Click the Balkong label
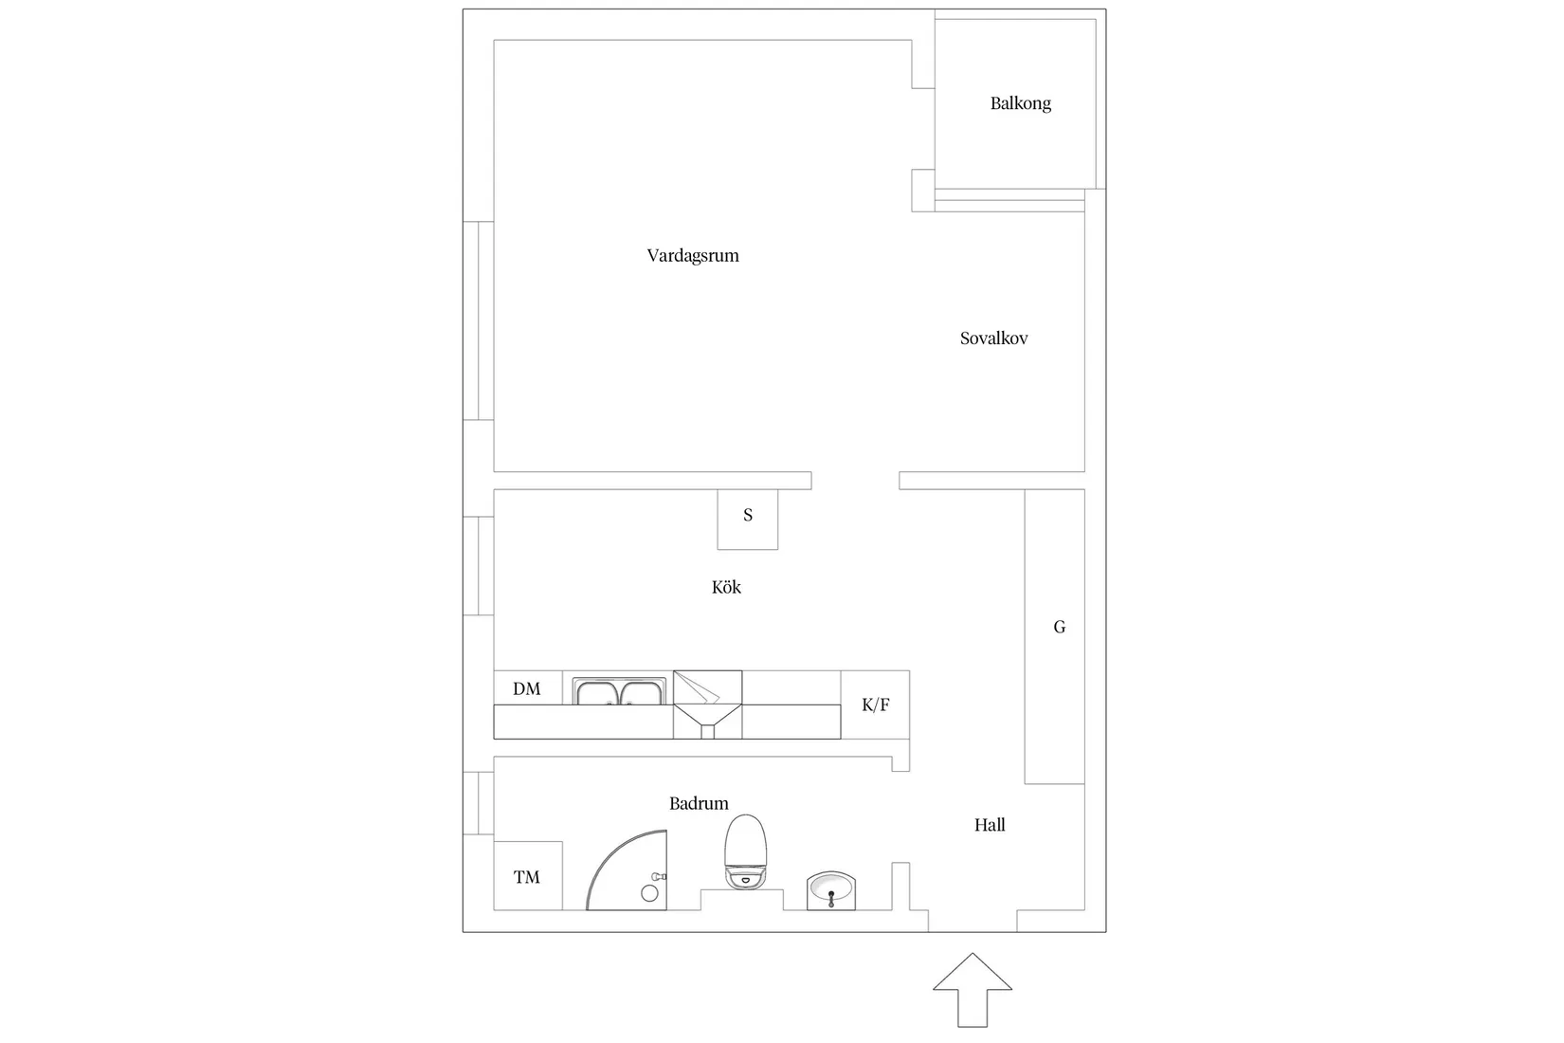pyautogui.click(x=1020, y=103)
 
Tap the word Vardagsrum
pyautogui.click(x=693, y=256)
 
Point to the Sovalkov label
pyautogui.click(x=993, y=339)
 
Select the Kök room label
pyautogui.click(x=726, y=587)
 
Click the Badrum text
pyautogui.click(x=699, y=803)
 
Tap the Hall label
pyautogui.click(x=990, y=825)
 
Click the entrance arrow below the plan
pyautogui.click(x=972, y=990)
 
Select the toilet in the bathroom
pyautogui.click(x=746, y=851)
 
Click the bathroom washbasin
pyautogui.click(x=831, y=890)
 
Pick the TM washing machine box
pyautogui.click(x=528, y=876)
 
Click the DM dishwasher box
pyautogui.click(x=528, y=688)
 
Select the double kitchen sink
pyautogui.click(x=619, y=691)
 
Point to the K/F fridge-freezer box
pyautogui.click(x=875, y=704)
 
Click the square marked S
pyautogui.click(x=748, y=519)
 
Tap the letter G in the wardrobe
pyautogui.click(x=1059, y=627)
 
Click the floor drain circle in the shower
pyautogui.click(x=649, y=893)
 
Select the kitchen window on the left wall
pyautogui.click(x=479, y=566)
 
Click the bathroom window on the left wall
pyautogui.click(x=479, y=803)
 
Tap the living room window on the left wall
pyautogui.click(x=479, y=320)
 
